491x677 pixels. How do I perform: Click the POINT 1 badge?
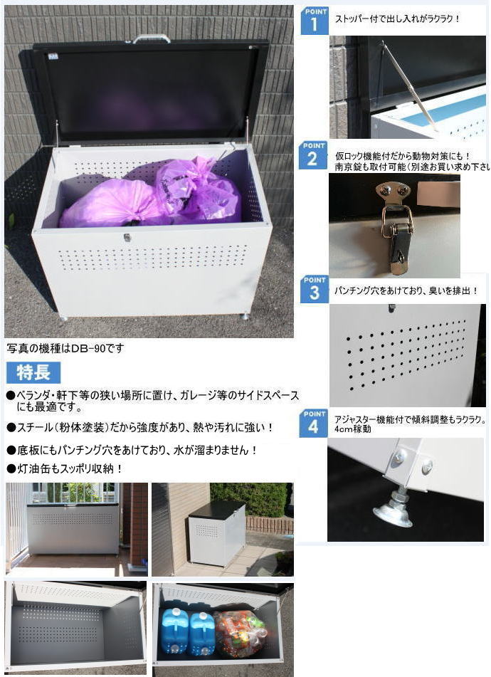pos(315,21)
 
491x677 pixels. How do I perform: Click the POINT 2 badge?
pos(313,155)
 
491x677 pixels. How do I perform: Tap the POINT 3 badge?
pos(314,289)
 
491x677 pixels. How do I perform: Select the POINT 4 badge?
pos(313,423)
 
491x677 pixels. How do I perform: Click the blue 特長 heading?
pos(33,372)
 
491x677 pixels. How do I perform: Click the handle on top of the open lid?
pos(152,38)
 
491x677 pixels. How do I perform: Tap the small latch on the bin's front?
pos(127,237)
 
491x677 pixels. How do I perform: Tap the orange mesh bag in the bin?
pos(240,631)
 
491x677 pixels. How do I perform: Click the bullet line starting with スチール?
pos(139,428)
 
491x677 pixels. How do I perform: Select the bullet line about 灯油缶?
pos(65,468)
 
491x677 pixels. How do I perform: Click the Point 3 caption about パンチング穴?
pos(406,291)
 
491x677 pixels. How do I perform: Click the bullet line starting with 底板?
pos(131,450)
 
